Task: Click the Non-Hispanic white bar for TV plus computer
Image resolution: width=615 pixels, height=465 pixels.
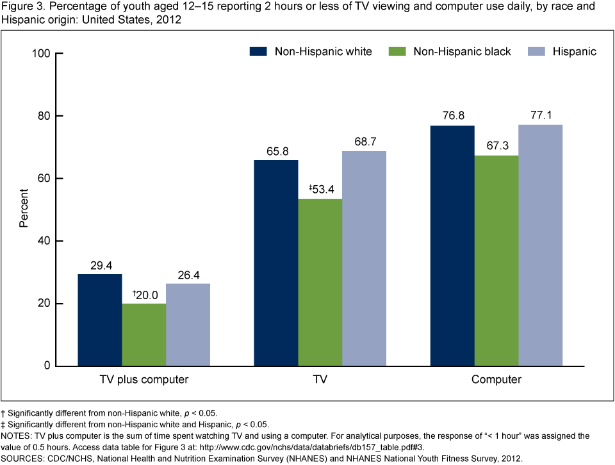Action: point(100,320)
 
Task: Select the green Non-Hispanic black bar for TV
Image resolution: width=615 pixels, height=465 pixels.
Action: point(320,282)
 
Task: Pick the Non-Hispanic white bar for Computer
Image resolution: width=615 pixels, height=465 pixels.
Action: point(452,246)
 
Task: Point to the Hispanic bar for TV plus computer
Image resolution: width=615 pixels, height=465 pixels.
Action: point(188,325)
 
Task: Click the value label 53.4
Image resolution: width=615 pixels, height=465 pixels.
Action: point(320,190)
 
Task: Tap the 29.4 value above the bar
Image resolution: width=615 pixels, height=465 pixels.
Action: point(100,265)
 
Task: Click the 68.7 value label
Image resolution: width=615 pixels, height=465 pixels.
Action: point(364,142)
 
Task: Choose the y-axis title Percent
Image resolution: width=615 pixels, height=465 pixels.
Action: point(24,209)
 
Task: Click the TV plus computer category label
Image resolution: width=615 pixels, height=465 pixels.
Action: point(143,380)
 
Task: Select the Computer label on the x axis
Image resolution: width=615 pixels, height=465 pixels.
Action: point(496,380)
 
